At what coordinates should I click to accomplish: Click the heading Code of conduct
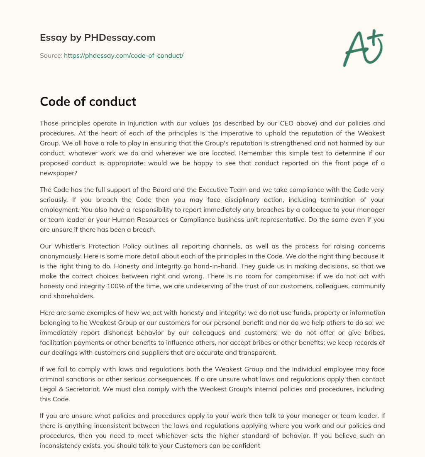pos(88,101)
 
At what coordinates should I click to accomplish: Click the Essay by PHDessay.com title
pos(98,37)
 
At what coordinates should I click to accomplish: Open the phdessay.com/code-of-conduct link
pos(124,55)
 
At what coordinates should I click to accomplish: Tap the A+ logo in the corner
pos(362,47)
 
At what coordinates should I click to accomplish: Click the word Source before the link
pos(51,55)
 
